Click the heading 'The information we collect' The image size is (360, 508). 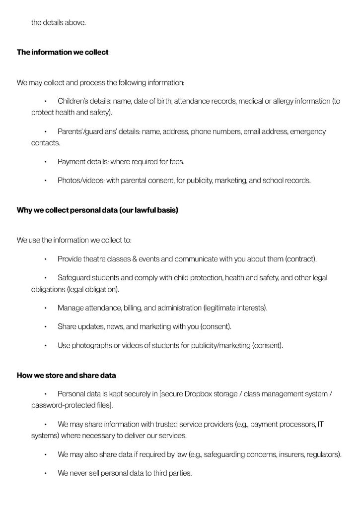pyautogui.click(x=63, y=52)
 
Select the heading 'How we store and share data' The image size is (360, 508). pyautogui.click(x=67, y=375)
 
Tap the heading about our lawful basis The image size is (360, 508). pyautogui.click(x=97, y=210)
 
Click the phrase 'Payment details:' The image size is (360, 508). pyautogui.click(x=83, y=162)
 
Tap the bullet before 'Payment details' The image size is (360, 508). pyautogui.click(x=45, y=162)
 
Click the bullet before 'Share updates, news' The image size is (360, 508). pyautogui.click(x=45, y=327)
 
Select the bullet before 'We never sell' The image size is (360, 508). pyautogui.click(x=45, y=473)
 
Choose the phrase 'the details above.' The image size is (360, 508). pyautogui.click(x=59, y=23)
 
